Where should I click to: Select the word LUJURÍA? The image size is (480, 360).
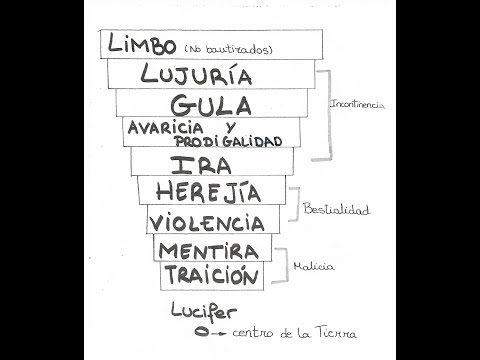(196, 75)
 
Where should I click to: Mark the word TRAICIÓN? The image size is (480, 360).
(211, 275)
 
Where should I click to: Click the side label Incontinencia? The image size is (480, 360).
(358, 104)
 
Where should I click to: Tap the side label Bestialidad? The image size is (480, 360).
(336, 210)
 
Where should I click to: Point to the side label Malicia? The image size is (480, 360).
(313, 266)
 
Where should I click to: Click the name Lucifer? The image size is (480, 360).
(204, 312)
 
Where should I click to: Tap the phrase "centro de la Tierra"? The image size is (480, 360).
(293, 332)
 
